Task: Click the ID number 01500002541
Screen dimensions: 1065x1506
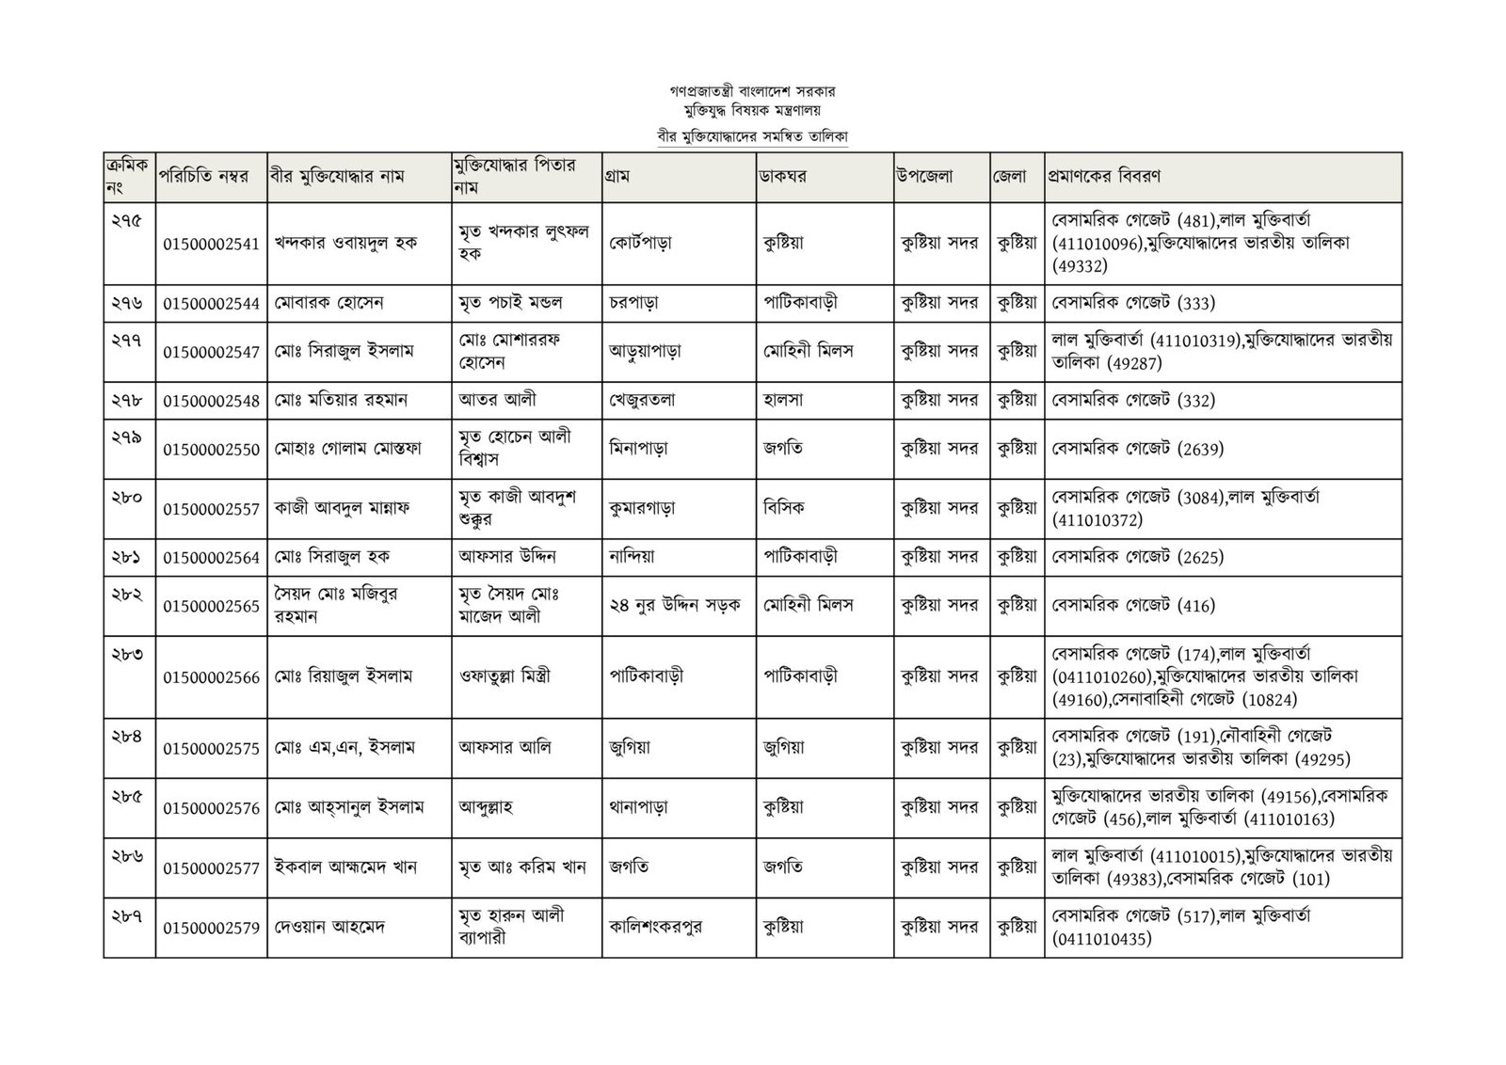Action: click(x=211, y=244)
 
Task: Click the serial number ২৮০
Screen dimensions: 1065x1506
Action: click(x=125, y=497)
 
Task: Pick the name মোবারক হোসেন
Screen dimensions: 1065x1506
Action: click(x=329, y=303)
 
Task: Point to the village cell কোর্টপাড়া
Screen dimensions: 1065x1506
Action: click(x=640, y=244)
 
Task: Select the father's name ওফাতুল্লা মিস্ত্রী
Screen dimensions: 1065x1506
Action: click(x=505, y=676)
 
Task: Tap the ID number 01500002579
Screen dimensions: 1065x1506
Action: click(x=211, y=928)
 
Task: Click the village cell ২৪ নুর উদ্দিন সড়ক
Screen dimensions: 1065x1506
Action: click(x=675, y=605)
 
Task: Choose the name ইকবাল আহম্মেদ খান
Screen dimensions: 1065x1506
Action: click(x=345, y=867)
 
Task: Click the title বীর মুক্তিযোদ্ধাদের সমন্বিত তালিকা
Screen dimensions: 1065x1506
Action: click(x=753, y=136)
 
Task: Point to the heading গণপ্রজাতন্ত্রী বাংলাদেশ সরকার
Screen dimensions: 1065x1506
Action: click(x=753, y=92)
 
